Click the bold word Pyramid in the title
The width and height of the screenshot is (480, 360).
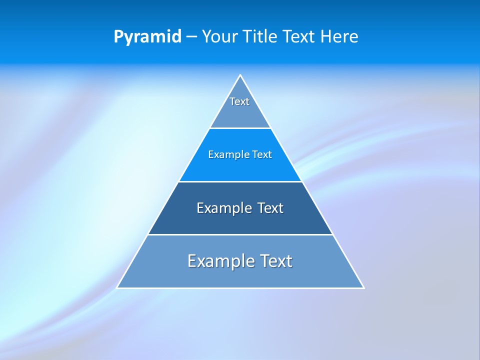(147, 37)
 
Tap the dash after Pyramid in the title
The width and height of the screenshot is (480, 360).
(191, 37)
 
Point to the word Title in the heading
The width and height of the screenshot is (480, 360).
(258, 37)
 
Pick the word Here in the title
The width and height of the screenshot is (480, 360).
(340, 37)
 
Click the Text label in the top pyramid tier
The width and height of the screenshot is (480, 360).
(239, 101)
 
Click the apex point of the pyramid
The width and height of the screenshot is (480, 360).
(240, 75)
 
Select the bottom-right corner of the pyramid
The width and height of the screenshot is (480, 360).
(363, 287)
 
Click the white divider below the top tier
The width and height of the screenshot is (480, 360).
(240, 128)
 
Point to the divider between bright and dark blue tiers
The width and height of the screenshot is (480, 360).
(240, 181)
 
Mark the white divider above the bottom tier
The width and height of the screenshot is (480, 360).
(240, 234)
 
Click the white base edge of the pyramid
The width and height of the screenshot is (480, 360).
(240, 288)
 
